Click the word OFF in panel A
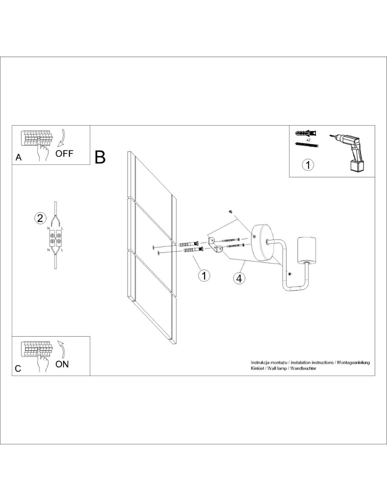64,153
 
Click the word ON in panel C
62,364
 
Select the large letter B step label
100,157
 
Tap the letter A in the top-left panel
18,157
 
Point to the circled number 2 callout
40,218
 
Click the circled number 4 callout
239,279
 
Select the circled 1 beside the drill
308,164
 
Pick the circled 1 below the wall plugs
203,275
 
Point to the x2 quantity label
308,140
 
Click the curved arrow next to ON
61,348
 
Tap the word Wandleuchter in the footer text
306,368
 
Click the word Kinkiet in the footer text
258,368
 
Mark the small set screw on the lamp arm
289,274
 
